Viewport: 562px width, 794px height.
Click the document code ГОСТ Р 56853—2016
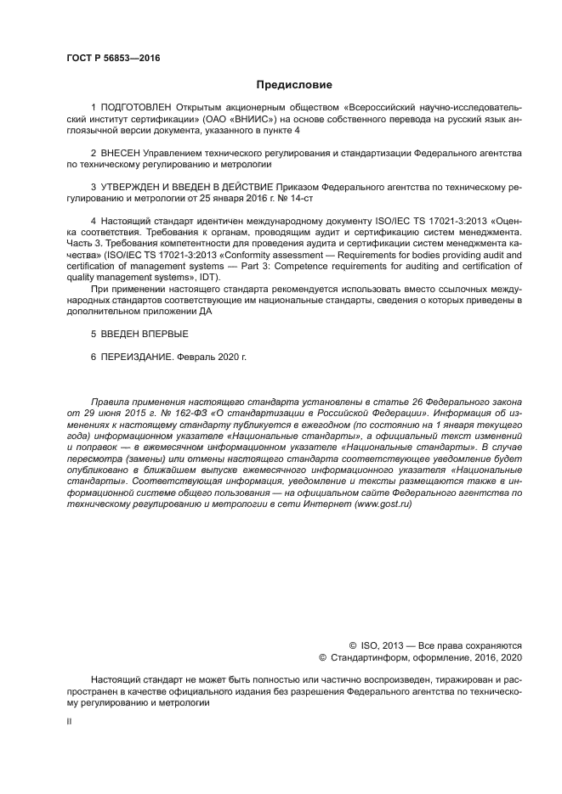click(x=113, y=58)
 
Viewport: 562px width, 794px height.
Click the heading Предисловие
click(x=294, y=85)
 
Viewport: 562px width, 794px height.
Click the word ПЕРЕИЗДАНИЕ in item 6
click(x=136, y=358)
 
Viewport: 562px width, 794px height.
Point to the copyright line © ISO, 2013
click(x=379, y=645)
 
